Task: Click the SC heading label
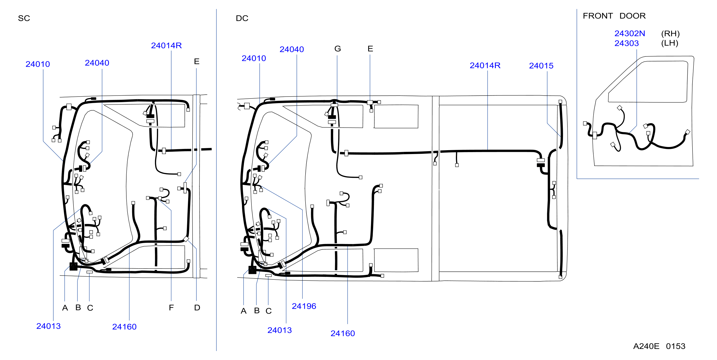pyautogui.click(x=24, y=18)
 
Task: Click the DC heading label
pyautogui.click(x=242, y=18)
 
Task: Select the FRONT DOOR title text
pyautogui.click(x=614, y=16)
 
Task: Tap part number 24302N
pyautogui.click(x=630, y=33)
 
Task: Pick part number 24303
pyautogui.click(x=627, y=43)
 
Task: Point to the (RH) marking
pyautogui.click(x=670, y=34)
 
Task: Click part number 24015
pyautogui.click(x=541, y=66)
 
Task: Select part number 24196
pyautogui.click(x=304, y=306)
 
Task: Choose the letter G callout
pyautogui.click(x=338, y=49)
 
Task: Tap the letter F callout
pyautogui.click(x=171, y=308)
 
